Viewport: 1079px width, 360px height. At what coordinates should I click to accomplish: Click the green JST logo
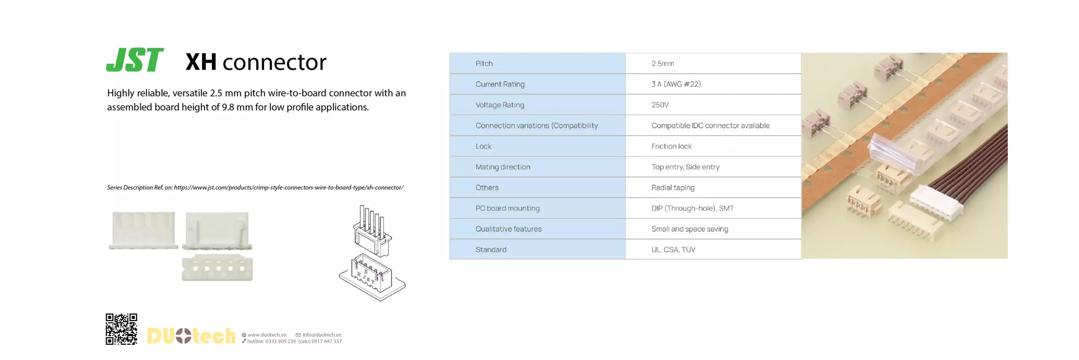134,60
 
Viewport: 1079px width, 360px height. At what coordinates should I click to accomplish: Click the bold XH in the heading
201,62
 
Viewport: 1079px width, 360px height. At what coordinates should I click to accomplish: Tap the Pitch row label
484,63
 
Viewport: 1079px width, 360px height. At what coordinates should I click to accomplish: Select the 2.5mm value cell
663,63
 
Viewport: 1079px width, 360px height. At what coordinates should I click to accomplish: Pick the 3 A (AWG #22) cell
676,84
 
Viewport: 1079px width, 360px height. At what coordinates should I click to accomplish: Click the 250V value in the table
660,105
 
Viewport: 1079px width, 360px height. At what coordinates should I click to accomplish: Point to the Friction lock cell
671,146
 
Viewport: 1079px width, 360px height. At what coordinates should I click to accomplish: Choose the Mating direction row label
503,167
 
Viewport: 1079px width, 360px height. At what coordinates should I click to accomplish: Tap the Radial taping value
673,187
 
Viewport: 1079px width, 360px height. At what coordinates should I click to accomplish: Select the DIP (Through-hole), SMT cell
692,208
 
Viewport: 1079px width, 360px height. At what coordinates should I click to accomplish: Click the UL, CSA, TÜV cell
673,249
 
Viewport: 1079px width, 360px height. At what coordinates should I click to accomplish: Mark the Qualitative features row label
508,228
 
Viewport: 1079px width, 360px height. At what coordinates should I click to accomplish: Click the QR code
121,329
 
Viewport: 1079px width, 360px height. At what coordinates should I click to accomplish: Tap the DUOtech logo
191,336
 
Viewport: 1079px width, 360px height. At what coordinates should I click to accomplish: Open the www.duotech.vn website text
267,335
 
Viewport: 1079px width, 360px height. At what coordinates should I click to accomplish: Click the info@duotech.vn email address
322,335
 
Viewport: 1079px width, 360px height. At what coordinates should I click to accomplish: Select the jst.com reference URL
288,187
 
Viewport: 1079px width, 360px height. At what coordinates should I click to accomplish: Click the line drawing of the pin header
372,253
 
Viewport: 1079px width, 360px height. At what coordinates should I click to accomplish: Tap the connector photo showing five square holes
217,268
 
